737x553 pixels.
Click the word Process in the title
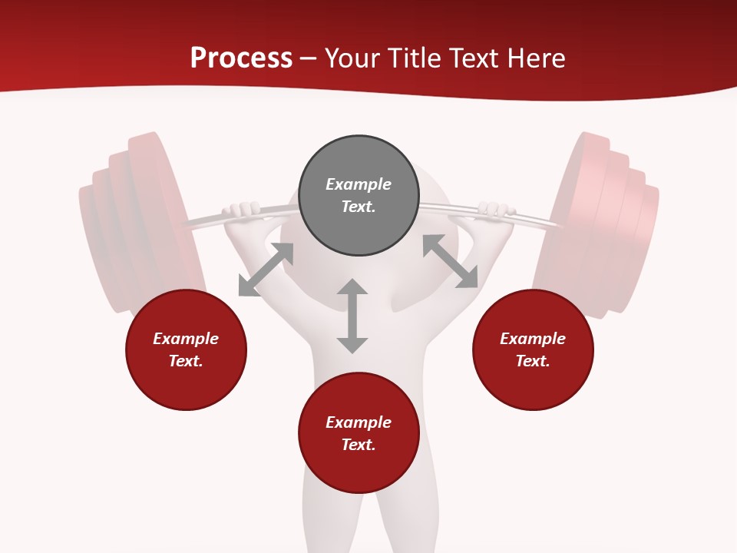pos(241,58)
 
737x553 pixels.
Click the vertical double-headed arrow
pos(352,316)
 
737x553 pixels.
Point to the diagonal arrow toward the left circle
pos(266,270)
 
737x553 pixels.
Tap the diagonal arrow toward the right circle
pos(451,262)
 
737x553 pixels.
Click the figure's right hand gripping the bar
pos(495,210)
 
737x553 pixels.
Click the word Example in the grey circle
pos(359,184)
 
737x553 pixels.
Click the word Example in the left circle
pos(186,339)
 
